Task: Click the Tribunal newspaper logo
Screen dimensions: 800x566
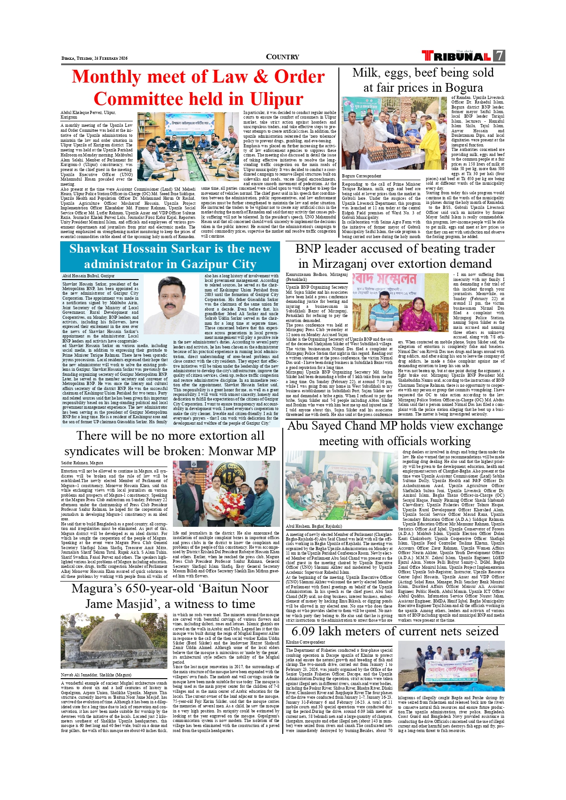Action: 457,56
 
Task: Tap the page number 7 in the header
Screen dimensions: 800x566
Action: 500,56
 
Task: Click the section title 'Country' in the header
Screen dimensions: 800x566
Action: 282,57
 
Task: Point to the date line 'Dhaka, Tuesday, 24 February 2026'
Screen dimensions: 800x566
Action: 94,58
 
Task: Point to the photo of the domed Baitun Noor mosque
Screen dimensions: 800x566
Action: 114,640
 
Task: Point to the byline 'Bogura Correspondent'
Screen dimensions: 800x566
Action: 362,176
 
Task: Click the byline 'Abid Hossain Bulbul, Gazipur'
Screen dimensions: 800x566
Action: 88,276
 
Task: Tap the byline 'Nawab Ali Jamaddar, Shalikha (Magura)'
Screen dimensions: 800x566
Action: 96,675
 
